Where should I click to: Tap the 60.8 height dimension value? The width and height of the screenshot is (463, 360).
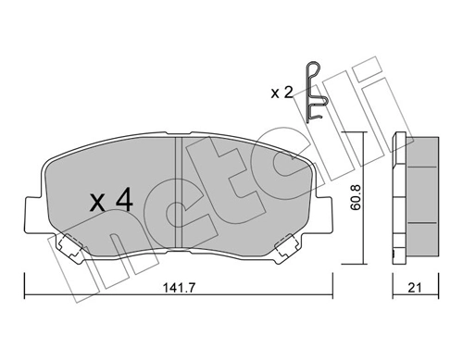click(x=369, y=201)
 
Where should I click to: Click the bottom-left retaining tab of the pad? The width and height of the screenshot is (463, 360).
click(x=70, y=245)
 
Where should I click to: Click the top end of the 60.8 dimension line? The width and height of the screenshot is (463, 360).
click(x=356, y=133)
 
